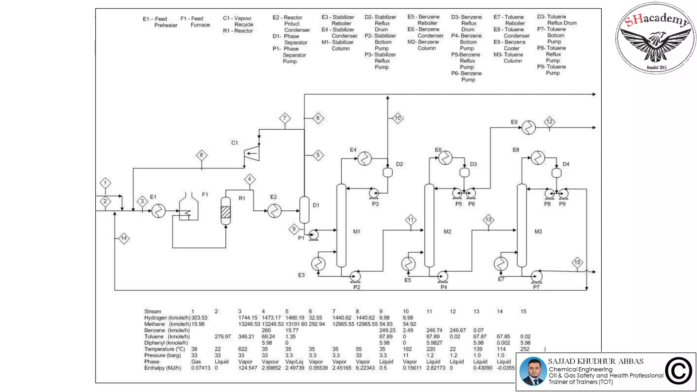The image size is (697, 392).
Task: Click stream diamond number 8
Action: [x=201, y=155]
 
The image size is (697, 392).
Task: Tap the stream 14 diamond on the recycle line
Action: [x=124, y=238]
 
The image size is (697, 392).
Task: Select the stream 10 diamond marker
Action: [x=398, y=118]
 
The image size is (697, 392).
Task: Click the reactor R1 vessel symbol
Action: [x=226, y=211]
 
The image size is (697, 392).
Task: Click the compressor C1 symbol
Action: [x=252, y=153]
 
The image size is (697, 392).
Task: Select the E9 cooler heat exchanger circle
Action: [x=529, y=128]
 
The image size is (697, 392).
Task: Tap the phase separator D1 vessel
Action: [x=304, y=210]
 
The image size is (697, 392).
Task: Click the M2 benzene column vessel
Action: [x=429, y=225]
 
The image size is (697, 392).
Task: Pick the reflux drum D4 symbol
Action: [x=556, y=173]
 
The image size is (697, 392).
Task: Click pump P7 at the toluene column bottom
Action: [x=536, y=276]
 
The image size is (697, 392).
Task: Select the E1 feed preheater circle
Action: [x=158, y=211]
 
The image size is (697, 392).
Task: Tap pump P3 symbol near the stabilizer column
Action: [x=374, y=193]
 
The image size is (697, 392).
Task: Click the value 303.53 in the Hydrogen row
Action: [x=199, y=317]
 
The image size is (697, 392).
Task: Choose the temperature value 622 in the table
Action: [x=243, y=349]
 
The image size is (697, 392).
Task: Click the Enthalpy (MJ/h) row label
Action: [x=162, y=368]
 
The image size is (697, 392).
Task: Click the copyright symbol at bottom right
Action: [x=678, y=371]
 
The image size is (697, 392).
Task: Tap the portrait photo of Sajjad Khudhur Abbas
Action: [x=533, y=371]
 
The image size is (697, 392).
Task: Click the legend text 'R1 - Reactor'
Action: [x=238, y=31]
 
